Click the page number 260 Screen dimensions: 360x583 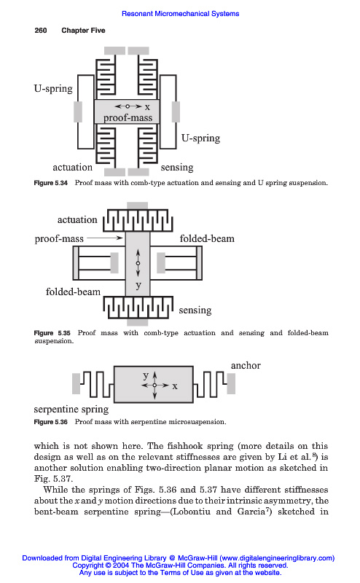coord(41,31)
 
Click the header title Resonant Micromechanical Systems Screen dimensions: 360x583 coord(181,14)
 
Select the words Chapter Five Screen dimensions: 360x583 coord(83,31)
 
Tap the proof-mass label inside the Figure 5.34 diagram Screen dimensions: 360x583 coord(128,118)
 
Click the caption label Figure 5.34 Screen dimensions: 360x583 coord(50,183)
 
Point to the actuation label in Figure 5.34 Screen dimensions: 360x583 coord(73,168)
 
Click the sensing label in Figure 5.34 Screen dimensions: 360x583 coord(177,168)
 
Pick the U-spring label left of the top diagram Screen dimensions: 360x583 coord(53,89)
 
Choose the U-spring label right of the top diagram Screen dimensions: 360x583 coord(201,138)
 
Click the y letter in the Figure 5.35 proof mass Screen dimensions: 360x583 coord(138,286)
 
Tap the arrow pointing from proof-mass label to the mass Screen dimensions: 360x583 coord(105,238)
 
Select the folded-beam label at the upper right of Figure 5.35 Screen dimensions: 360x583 coord(207,238)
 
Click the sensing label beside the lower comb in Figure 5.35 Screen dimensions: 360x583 coord(195,310)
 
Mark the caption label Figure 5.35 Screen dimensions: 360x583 coord(52,333)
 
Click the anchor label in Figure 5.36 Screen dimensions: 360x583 coord(246,366)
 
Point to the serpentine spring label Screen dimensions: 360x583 coord(71,410)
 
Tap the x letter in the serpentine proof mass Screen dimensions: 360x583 coord(175,386)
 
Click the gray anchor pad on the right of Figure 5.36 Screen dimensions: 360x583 coord(231,383)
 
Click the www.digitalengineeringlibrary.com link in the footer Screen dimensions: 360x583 coord(276,558)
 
